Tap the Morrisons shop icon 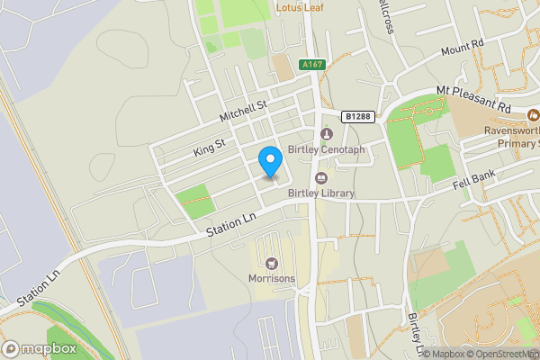pos(271,264)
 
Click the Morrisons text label pos(271,279)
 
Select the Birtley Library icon pos(321,177)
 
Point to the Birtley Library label pos(321,193)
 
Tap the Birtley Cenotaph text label pos(327,149)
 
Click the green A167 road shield pos(312,65)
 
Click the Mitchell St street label pos(244,111)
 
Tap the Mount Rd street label pos(463,47)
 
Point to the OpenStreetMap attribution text pos(502,353)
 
